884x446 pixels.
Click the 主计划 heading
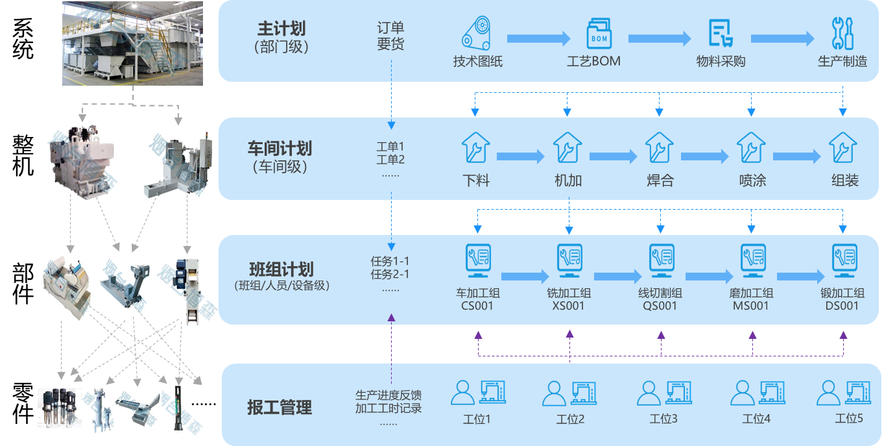coord(281,30)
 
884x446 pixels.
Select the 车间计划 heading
coord(280,149)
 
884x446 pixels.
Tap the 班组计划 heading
coord(281,269)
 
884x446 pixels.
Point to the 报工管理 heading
coord(280,408)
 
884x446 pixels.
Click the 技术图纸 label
coord(478,62)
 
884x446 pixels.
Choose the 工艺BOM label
coord(593,62)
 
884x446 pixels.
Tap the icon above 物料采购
coord(720,32)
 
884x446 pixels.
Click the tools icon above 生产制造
coord(842,32)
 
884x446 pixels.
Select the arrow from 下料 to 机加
coord(520,156)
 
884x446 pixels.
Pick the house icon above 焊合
coord(660,148)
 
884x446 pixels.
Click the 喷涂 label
coord(752,180)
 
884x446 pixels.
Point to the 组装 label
coord(844,180)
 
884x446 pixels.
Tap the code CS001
coord(477,306)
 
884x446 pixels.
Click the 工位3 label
coord(663,419)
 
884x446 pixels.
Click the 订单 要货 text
coord(390,36)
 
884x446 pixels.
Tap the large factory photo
coord(132,43)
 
